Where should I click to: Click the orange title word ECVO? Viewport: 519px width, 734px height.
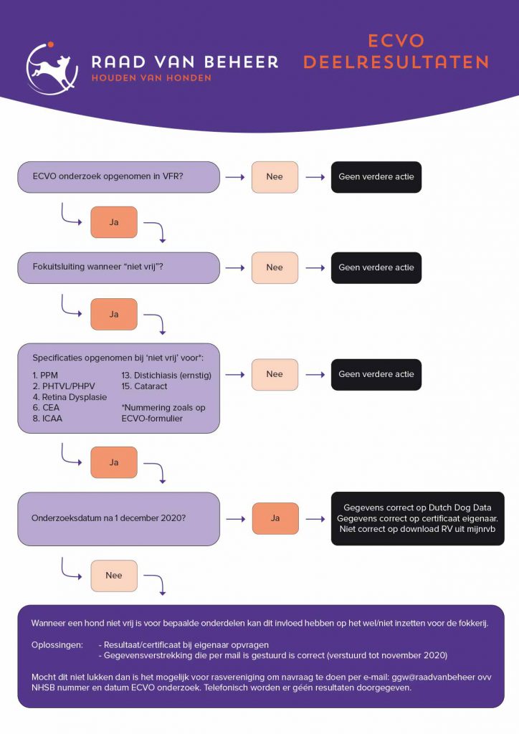pyautogui.click(x=396, y=41)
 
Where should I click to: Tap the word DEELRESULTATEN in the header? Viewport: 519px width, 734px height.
pyautogui.click(x=396, y=62)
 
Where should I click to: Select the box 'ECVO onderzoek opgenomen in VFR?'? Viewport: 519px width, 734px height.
pyautogui.click(x=118, y=177)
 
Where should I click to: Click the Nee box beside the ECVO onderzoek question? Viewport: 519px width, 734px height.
pyautogui.click(x=275, y=177)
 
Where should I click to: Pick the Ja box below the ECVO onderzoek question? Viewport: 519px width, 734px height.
pyautogui.click(x=114, y=222)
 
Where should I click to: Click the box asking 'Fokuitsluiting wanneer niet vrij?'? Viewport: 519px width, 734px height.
pyautogui.click(x=118, y=268)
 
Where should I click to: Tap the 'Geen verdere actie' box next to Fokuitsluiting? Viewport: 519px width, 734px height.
pyautogui.click(x=376, y=268)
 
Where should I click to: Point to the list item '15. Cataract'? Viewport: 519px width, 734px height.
pyautogui.click(x=144, y=386)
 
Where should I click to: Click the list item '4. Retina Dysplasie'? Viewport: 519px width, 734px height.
pyautogui.click(x=70, y=397)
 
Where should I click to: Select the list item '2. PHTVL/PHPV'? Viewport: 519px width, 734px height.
pyautogui.click(x=64, y=386)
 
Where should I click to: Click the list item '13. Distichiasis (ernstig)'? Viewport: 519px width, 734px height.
pyautogui.click(x=166, y=376)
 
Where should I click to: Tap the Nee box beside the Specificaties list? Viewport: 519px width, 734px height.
pyautogui.click(x=275, y=374)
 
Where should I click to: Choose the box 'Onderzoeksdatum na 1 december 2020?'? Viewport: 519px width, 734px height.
pyautogui.click(x=118, y=519)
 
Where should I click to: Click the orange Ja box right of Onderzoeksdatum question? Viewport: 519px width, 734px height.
pyautogui.click(x=275, y=519)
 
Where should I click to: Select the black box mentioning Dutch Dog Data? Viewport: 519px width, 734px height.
pyautogui.click(x=417, y=519)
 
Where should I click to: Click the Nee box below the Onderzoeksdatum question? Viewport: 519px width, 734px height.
pyautogui.click(x=114, y=576)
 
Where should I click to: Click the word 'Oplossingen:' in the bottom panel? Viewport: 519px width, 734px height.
pyautogui.click(x=57, y=645)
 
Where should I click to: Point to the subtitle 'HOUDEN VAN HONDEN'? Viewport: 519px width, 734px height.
pyautogui.click(x=151, y=78)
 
